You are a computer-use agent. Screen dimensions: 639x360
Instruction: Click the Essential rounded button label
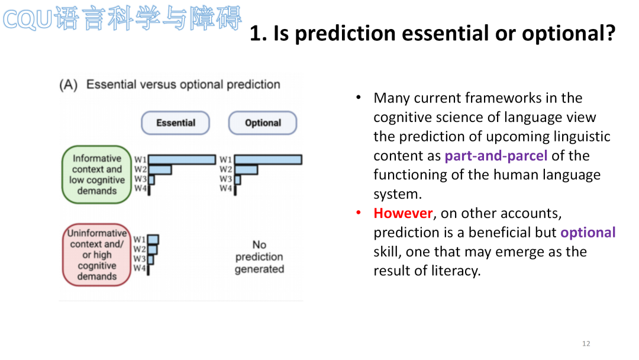[175, 123]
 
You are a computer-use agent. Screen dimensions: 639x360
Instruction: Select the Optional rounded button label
[263, 123]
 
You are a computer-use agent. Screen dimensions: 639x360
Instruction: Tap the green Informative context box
[96, 175]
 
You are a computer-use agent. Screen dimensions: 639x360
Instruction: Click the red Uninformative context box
[96, 255]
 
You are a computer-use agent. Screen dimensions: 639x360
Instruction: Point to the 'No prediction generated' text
[259, 256]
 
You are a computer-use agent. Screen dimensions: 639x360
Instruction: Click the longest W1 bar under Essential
[182, 159]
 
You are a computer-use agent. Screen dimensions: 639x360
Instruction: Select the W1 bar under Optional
[268, 159]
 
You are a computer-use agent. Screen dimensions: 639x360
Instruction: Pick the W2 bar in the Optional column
[246, 169]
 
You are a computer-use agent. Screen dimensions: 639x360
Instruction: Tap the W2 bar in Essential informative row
[160, 169]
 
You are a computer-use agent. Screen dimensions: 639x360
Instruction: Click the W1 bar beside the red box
[153, 239]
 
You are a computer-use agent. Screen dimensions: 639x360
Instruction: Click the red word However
[403, 213]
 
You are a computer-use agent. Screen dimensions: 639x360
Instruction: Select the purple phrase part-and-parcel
[496, 156]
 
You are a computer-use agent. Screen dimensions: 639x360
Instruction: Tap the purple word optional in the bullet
[588, 232]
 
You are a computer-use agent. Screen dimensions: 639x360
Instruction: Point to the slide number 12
[586, 343]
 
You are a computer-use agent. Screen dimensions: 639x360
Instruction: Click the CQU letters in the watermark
[27, 20]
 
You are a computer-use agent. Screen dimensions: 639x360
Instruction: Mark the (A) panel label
[68, 85]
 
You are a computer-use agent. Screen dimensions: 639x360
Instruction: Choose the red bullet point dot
[359, 213]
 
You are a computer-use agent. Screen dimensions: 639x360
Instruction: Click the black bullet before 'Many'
[359, 97]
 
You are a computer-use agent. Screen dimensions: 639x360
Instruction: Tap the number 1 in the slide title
[255, 33]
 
